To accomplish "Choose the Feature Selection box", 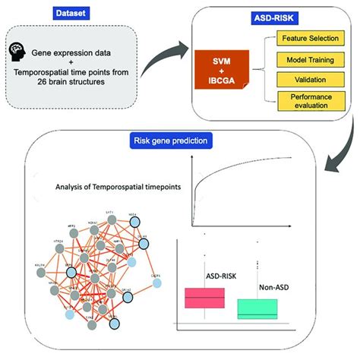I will click(310, 39).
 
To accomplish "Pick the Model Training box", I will click(310, 60).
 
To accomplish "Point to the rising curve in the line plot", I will click(228, 180).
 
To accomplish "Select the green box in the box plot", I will click(256, 308).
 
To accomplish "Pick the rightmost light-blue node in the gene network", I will click(156, 283).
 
